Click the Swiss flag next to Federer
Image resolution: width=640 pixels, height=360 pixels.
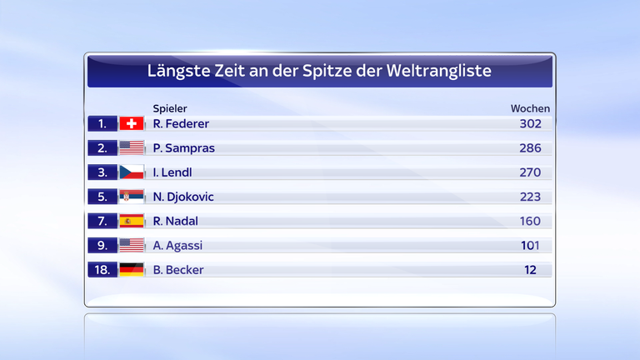click(x=132, y=123)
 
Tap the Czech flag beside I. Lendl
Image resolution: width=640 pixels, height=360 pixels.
click(x=132, y=172)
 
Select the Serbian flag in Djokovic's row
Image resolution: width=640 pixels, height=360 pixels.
click(x=132, y=197)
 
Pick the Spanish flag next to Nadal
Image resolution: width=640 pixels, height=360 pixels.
click(x=132, y=221)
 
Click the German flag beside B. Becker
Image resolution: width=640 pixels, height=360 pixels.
click(x=132, y=270)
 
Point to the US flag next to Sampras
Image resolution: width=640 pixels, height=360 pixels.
click(x=132, y=148)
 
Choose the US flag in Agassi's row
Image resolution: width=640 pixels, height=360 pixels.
click(x=132, y=246)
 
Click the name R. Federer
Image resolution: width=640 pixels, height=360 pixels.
click(x=181, y=123)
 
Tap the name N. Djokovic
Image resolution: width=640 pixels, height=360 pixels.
click(x=183, y=197)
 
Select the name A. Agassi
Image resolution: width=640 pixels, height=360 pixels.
click(x=177, y=246)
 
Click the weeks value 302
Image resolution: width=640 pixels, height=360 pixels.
click(x=529, y=123)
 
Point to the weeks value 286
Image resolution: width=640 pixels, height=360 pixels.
click(x=529, y=148)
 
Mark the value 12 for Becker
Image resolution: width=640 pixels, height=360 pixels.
click(x=531, y=270)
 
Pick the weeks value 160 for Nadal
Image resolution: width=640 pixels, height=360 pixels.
click(x=529, y=221)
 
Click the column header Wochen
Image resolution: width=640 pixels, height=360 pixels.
click(x=530, y=108)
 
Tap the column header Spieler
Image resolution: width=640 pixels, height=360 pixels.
click(x=170, y=108)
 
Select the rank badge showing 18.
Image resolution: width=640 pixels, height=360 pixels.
click(x=102, y=270)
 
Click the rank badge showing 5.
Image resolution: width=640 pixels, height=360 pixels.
click(x=102, y=197)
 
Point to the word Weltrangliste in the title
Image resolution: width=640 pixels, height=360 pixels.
click(x=438, y=72)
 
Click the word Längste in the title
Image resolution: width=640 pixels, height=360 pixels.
click(x=177, y=72)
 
